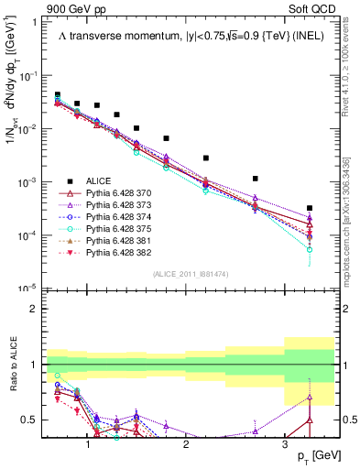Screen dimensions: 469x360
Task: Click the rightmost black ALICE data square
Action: pos(310,208)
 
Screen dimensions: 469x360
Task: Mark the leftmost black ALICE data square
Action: pos(58,94)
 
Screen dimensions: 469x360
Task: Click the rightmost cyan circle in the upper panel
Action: pos(310,249)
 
